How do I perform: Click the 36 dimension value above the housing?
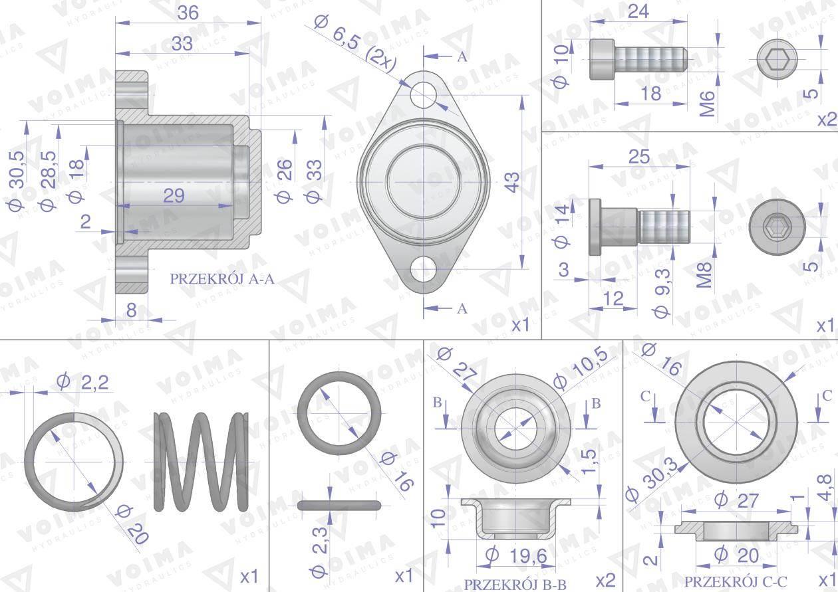pyautogui.click(x=188, y=13)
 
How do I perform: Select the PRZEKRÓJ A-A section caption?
pyautogui.click(x=222, y=279)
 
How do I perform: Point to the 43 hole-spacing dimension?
pyautogui.click(x=513, y=182)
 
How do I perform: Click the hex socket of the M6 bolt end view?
pyautogui.click(x=777, y=59)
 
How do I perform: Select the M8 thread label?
pyautogui.click(x=704, y=275)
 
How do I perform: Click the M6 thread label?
pyautogui.click(x=707, y=104)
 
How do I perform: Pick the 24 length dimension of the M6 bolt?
pyautogui.click(x=638, y=11)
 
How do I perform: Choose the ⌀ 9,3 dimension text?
pyautogui.click(x=662, y=294)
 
